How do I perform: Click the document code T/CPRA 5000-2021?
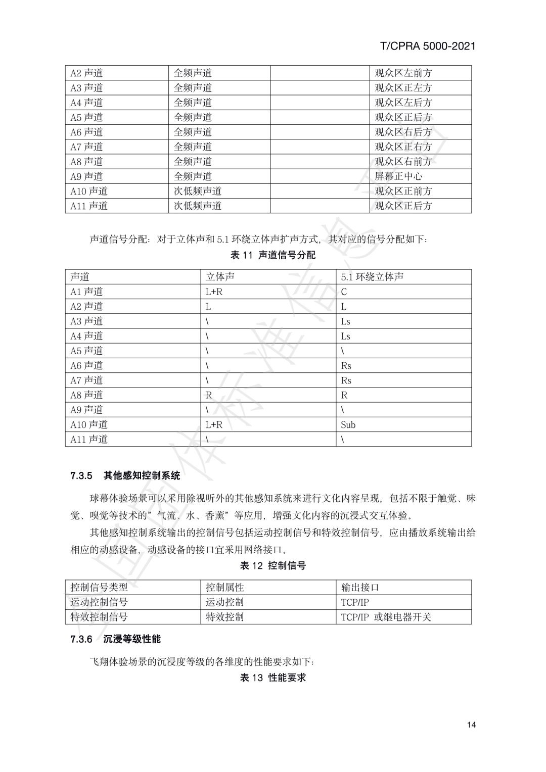427,46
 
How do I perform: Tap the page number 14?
471,725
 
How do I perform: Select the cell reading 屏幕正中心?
398,176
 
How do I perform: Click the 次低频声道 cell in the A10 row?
198,191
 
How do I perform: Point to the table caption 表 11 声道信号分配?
273,255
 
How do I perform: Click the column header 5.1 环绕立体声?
372,277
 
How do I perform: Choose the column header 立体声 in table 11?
220,277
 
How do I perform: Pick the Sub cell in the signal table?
348,425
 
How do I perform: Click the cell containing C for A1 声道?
344,292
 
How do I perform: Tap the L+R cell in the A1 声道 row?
214,292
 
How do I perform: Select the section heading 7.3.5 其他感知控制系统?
125,475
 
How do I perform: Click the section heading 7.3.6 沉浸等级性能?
116,639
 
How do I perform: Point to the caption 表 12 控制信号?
273,566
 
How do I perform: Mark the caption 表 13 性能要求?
273,678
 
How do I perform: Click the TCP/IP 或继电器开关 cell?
386,617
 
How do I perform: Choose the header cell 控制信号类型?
99,587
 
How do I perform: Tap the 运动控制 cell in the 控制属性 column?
224,602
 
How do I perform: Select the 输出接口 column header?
360,587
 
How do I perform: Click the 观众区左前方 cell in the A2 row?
403,73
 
